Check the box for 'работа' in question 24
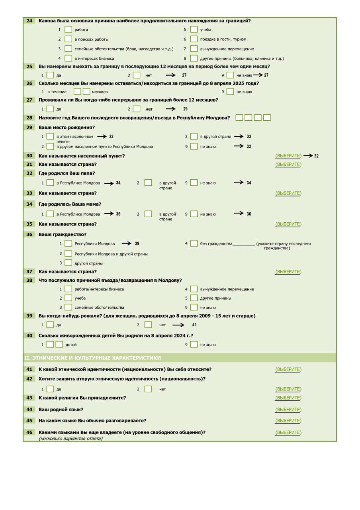[68, 29]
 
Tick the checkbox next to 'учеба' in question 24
[194, 29]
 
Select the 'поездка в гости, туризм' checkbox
[194, 39]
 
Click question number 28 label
[29, 118]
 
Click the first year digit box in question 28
[239, 118]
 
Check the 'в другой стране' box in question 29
[194, 136]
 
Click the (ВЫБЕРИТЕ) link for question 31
[288, 165]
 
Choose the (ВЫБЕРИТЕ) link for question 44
[288, 410]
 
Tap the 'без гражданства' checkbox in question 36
[194, 243]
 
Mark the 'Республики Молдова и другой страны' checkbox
[68, 254]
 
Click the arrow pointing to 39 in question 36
[126, 243]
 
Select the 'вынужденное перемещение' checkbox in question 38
[194, 289]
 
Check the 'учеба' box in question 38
[68, 298]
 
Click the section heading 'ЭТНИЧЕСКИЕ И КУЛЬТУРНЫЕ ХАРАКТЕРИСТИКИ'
[93, 358]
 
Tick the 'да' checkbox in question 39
[50, 325]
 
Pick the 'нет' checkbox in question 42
[148, 389]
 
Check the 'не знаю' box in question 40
[194, 345]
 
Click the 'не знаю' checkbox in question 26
[230, 92]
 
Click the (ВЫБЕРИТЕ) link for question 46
[288, 432]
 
